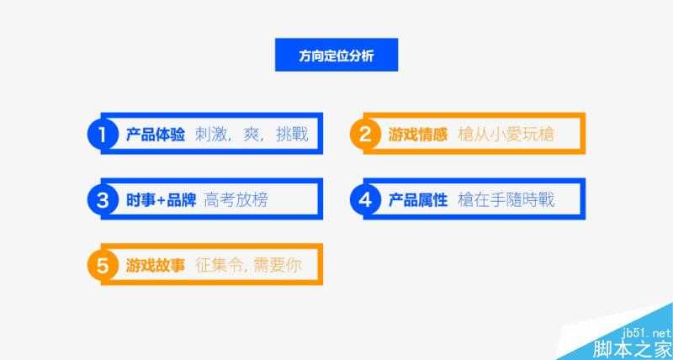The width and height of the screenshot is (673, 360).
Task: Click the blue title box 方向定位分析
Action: (x=336, y=56)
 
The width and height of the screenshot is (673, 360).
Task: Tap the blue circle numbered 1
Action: (x=102, y=135)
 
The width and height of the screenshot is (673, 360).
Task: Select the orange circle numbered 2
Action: (x=364, y=135)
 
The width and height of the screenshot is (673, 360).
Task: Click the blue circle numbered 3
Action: (x=102, y=200)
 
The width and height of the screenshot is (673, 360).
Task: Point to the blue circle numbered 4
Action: (x=364, y=200)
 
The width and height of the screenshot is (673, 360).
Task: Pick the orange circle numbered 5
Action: (x=102, y=267)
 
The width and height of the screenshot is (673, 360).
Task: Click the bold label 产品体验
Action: (x=155, y=135)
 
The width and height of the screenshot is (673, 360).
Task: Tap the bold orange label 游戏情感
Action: (x=418, y=135)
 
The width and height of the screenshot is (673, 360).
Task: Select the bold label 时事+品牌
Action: (x=161, y=200)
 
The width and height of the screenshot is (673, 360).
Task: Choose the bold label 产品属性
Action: (x=418, y=200)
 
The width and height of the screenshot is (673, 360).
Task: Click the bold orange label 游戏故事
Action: (x=155, y=267)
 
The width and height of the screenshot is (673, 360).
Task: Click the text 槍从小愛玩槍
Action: (x=506, y=135)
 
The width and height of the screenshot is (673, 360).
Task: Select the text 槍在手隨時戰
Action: (x=506, y=200)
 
